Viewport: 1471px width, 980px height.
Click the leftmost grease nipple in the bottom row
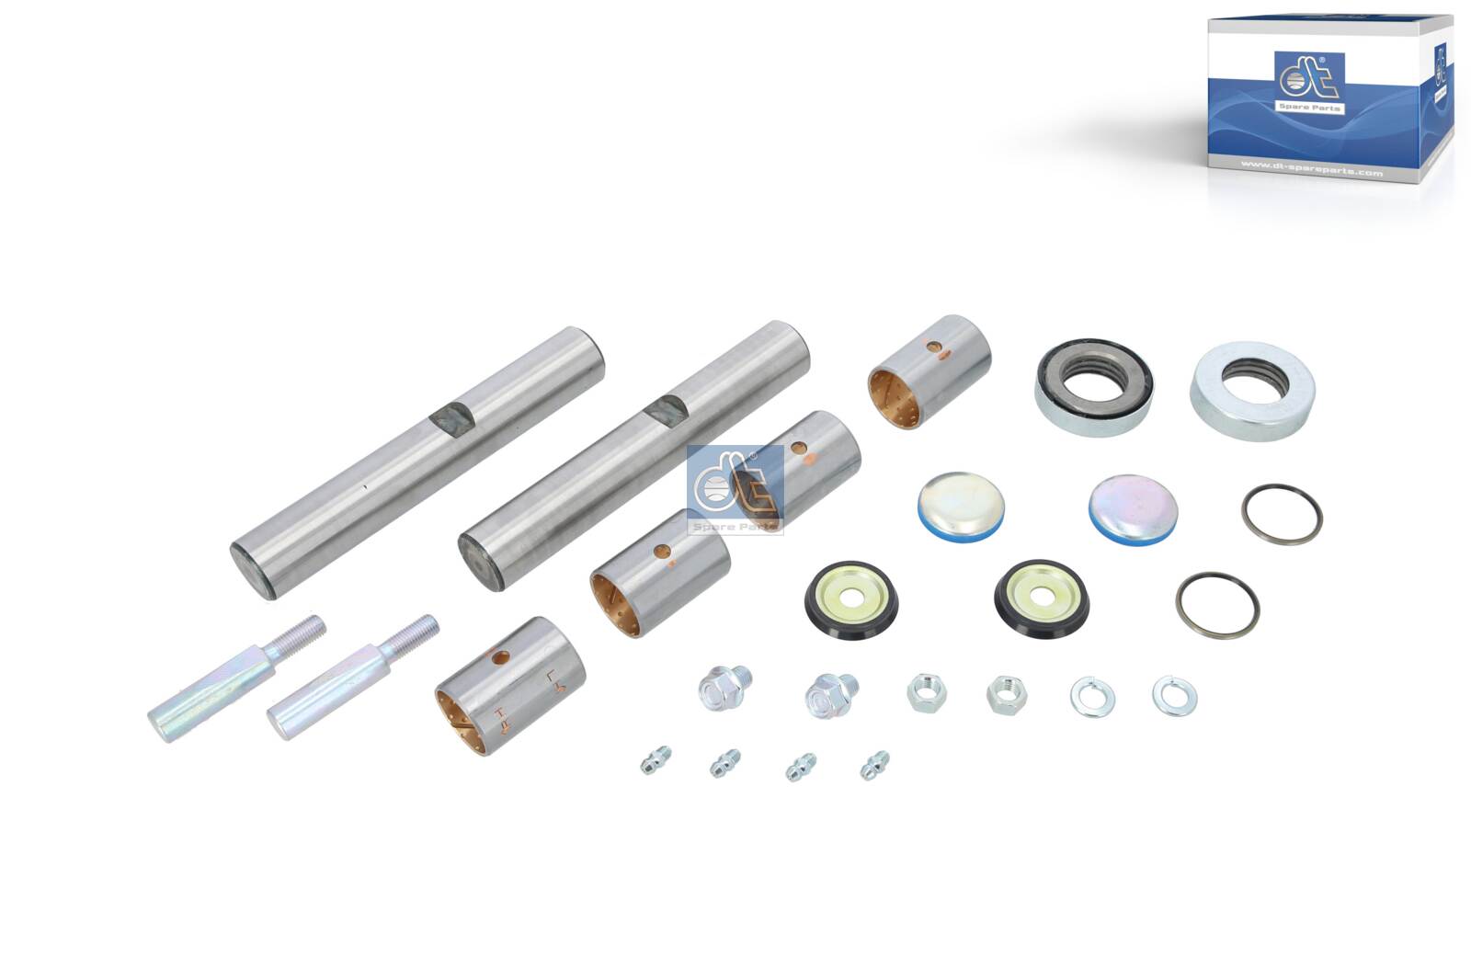coord(656,759)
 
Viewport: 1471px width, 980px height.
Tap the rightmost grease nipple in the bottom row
coord(874,765)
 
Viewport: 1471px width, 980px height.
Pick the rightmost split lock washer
coord(1174,696)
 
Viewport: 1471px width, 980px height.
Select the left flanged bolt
coord(722,688)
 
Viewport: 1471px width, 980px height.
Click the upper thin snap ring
coord(1282,514)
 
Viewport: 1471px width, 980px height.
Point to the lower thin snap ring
coord(1217,604)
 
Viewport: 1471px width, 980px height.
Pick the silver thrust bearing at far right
coord(1252,390)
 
